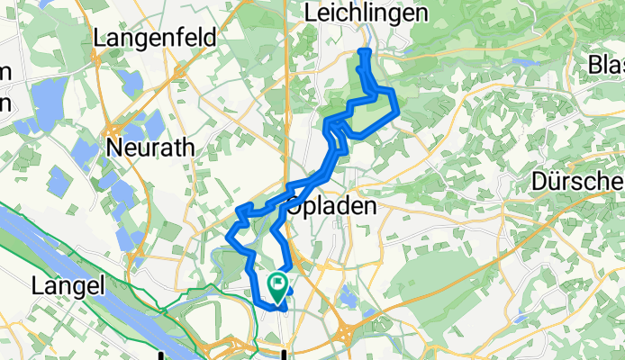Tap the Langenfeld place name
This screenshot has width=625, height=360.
coord(151,39)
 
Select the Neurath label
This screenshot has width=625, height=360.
coord(149,148)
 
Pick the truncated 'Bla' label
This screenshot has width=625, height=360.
coord(605,65)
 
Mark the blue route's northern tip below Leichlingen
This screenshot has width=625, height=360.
coord(364,52)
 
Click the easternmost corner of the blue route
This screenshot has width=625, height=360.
coord(397,110)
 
